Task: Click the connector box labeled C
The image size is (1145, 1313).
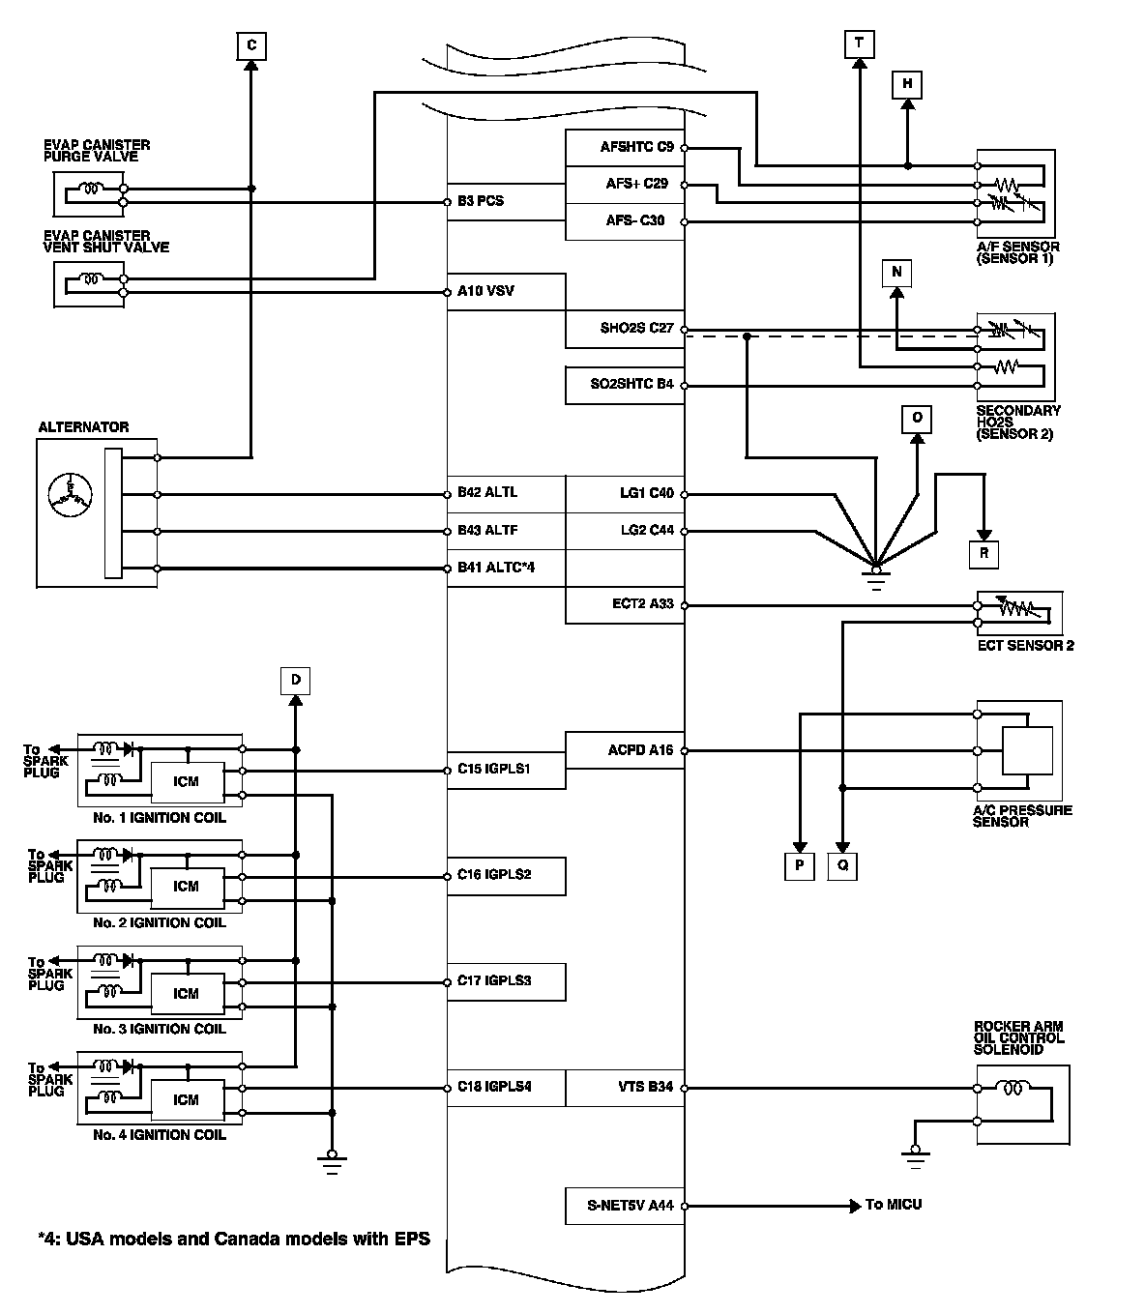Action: pos(251,46)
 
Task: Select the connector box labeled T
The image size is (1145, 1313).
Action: pos(860,44)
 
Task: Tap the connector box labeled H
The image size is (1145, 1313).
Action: pos(907,85)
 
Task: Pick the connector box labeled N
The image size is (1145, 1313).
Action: pos(896,273)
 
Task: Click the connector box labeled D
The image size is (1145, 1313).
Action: pos(295,681)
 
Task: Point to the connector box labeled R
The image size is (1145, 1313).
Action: pos(984,554)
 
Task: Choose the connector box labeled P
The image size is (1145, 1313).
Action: pos(800,865)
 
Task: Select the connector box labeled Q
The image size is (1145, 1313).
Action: pos(842,865)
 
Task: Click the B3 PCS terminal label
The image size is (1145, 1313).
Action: pos(481,201)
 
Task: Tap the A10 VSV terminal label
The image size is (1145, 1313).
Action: pos(485,291)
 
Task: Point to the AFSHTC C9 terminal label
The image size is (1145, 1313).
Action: pos(637,147)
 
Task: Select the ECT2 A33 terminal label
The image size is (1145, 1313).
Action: pos(643,604)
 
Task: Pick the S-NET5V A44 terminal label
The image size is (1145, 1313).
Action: pos(631,1205)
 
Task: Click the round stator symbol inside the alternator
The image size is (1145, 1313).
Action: pos(70,495)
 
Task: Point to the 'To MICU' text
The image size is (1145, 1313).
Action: pos(894,1205)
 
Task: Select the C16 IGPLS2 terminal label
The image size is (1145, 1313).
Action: pos(494,875)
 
